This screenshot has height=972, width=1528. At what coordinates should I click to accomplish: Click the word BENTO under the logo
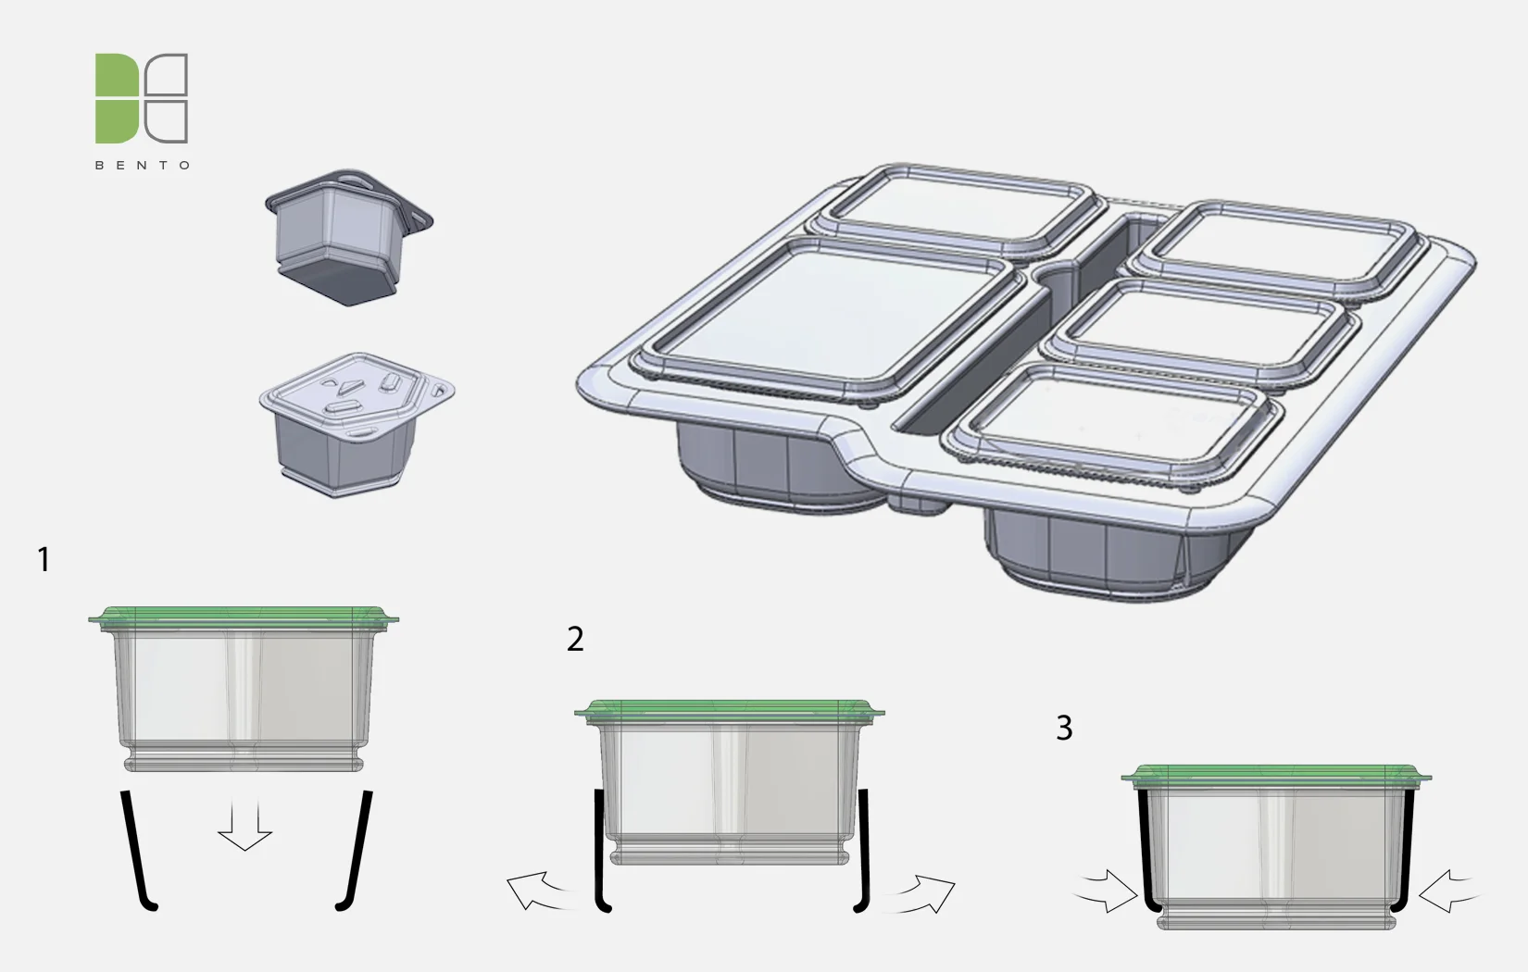click(143, 166)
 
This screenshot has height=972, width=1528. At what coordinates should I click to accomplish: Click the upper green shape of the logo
click(115, 73)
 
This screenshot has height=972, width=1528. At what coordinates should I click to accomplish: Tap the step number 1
click(44, 559)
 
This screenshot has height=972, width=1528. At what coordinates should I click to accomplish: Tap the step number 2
click(575, 639)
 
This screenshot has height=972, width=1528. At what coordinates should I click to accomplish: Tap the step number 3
click(1064, 728)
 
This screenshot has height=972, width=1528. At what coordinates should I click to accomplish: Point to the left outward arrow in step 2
click(537, 891)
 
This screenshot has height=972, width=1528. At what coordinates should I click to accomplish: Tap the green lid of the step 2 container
click(729, 710)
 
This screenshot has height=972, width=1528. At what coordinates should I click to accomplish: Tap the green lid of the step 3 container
click(1275, 774)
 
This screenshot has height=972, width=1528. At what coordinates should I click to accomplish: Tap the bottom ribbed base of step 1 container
click(244, 759)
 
